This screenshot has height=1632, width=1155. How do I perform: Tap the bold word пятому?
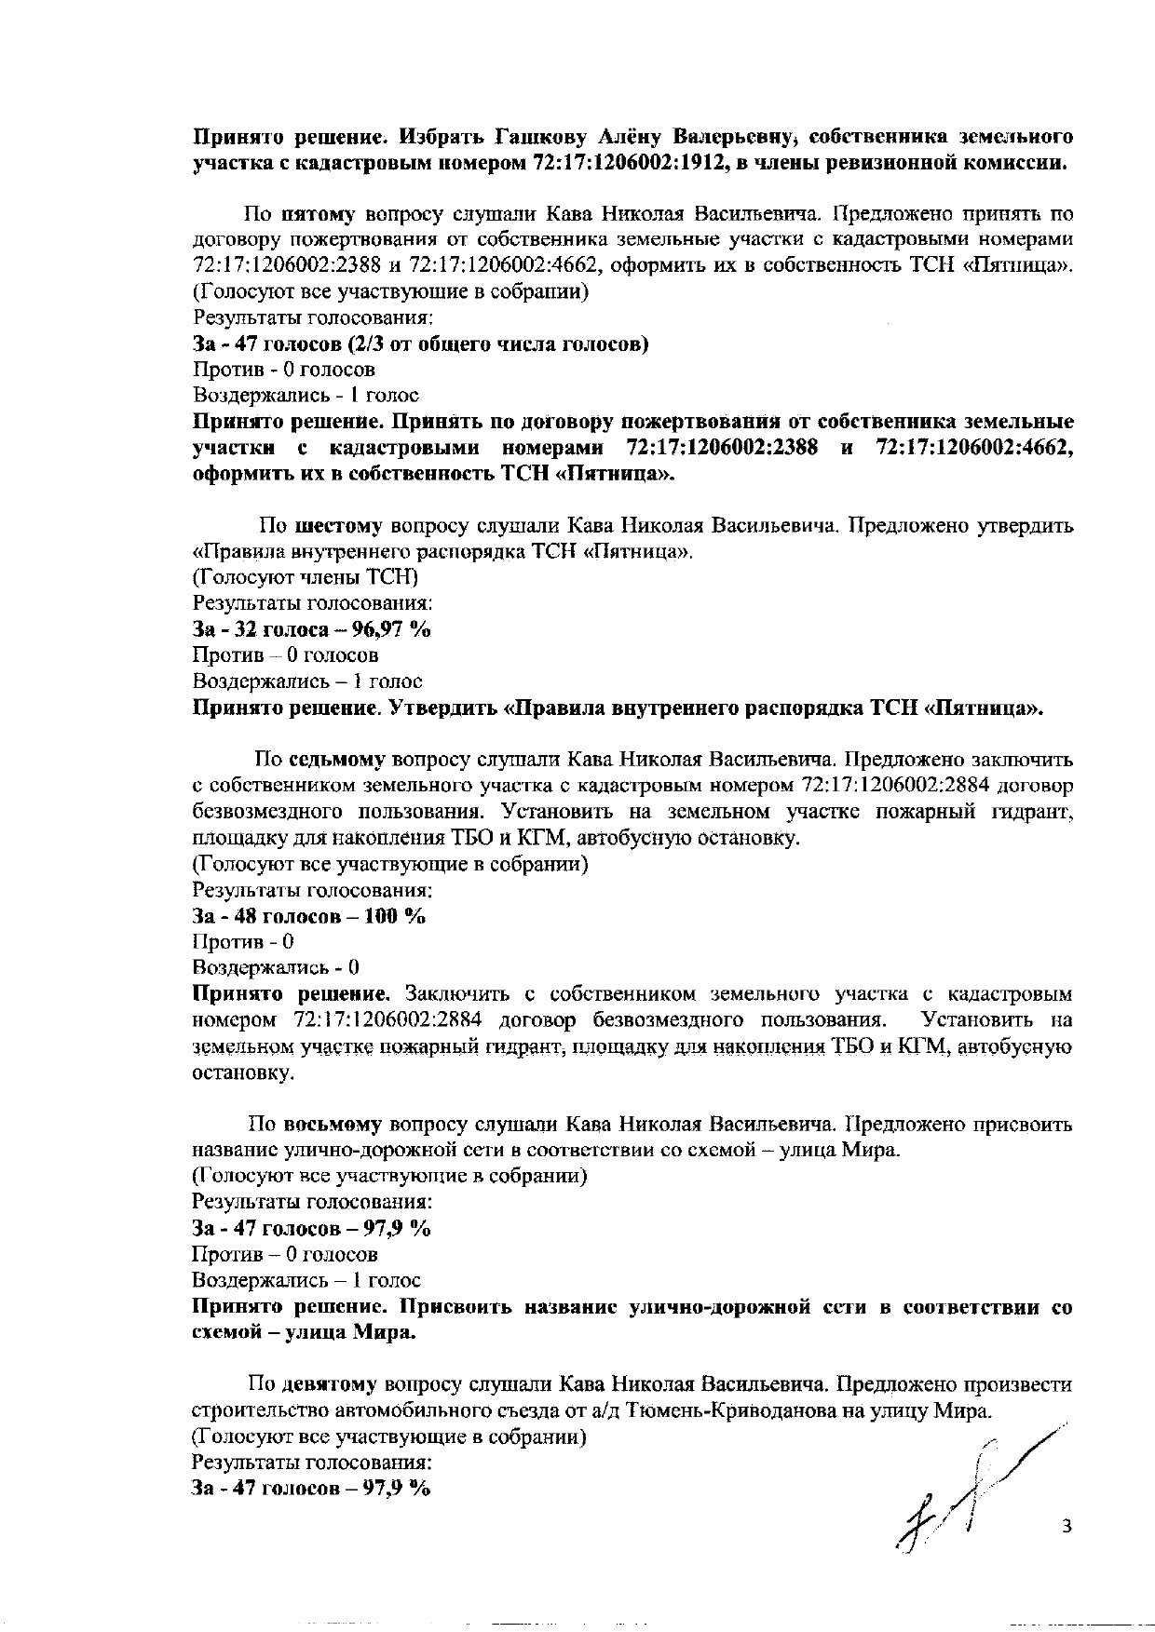pyautogui.click(x=319, y=214)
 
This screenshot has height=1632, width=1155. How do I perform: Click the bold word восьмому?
pyautogui.click(x=333, y=1124)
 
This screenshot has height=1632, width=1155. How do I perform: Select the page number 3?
pyautogui.click(x=1067, y=1526)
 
